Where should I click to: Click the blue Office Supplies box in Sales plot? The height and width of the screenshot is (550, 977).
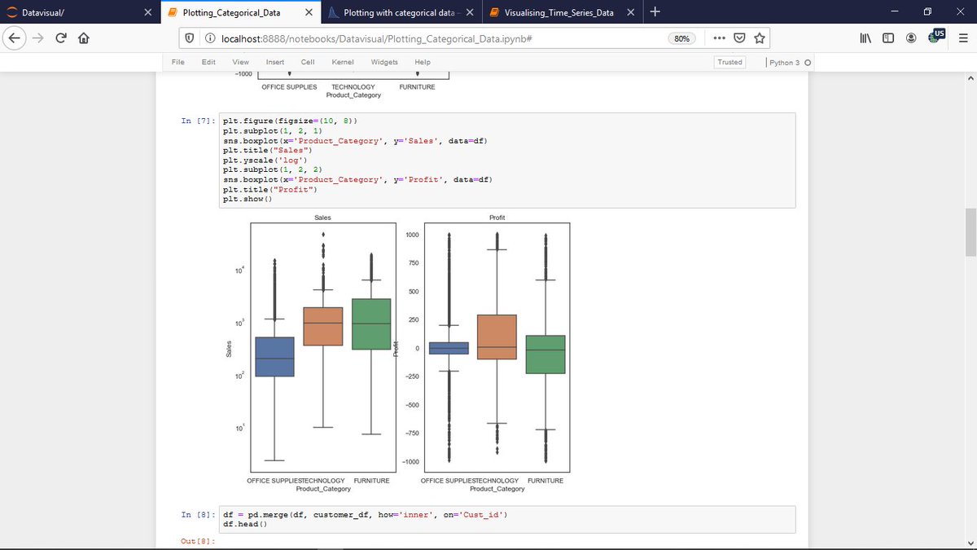coord(274,356)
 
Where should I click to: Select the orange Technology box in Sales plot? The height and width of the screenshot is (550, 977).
coord(323,326)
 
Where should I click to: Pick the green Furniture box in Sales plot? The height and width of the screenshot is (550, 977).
coord(371,324)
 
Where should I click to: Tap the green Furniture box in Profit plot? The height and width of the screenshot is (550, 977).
coord(545,354)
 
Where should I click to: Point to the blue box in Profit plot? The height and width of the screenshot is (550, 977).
coord(449,348)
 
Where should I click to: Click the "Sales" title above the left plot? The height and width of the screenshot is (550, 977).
coord(323,218)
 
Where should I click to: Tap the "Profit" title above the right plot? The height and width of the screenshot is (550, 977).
coord(497,218)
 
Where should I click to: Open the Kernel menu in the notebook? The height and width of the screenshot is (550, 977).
coord(343,62)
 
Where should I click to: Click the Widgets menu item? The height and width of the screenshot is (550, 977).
coord(384,62)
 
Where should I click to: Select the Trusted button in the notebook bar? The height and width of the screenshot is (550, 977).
coord(729,62)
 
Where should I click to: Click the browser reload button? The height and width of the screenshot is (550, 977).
coord(61,38)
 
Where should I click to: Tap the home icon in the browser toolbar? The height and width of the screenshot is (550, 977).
coord(83,38)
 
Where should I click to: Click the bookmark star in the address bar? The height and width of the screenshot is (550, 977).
coord(759,38)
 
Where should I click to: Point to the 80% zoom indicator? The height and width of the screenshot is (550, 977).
coord(681,38)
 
